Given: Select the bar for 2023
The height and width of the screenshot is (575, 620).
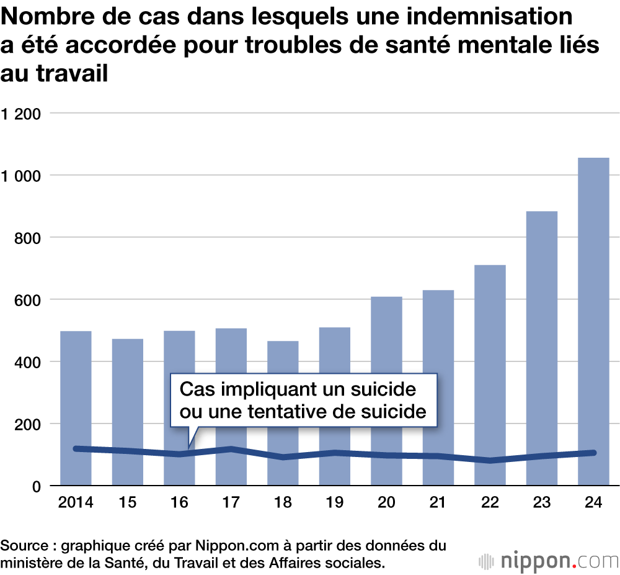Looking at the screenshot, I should coord(541,348).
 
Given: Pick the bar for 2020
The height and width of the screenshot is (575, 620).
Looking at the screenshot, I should coord(386,391).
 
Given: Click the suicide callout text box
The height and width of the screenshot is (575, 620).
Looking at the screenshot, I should coord(304,400).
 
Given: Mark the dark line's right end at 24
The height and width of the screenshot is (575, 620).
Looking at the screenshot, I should coord(593,453).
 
